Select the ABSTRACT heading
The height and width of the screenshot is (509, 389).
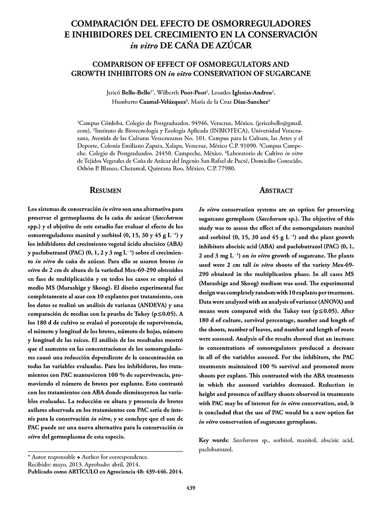276,190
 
